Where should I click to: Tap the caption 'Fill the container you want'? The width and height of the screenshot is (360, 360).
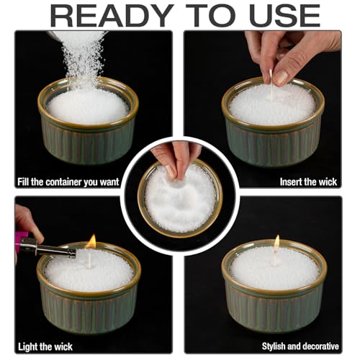click(x=68, y=182)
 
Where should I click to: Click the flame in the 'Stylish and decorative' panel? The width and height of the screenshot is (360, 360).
click(x=276, y=242)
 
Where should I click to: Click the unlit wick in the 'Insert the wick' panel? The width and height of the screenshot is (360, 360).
click(x=271, y=92)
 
